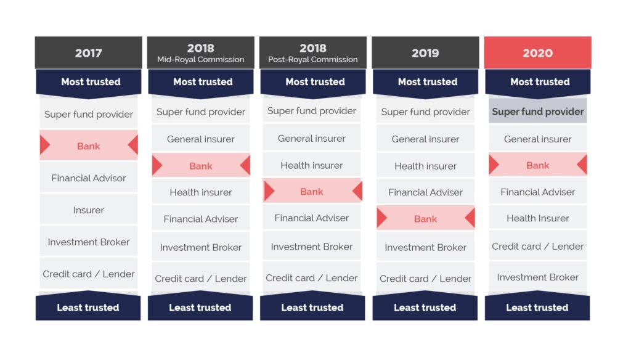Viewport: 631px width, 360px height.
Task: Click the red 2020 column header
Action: pos(537,53)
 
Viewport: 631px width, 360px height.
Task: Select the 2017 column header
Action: pos(89,53)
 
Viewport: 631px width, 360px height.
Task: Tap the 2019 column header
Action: pos(425,53)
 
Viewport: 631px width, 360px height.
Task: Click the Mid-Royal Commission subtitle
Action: pos(201,60)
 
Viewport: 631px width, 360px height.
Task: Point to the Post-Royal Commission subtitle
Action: pos(313,60)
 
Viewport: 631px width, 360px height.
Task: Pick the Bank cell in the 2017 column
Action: pos(89,145)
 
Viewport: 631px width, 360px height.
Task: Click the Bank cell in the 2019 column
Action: pos(425,218)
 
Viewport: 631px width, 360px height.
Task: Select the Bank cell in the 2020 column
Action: pos(537,165)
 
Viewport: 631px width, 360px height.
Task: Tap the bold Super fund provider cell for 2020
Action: pos(537,111)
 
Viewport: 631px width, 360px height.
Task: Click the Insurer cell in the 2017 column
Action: pos(89,210)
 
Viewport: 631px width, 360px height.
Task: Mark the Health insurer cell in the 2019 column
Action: pos(425,165)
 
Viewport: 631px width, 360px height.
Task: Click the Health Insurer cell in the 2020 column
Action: pos(537,218)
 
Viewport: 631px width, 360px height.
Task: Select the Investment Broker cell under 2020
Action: pos(537,277)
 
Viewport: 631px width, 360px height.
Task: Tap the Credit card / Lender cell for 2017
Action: pos(89,274)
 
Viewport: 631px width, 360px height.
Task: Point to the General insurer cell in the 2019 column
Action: pos(425,139)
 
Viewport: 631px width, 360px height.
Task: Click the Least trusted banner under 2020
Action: pos(537,306)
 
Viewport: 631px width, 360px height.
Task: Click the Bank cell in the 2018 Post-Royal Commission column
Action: pos(312,191)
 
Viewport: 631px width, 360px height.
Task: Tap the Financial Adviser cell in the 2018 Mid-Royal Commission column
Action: pos(201,219)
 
